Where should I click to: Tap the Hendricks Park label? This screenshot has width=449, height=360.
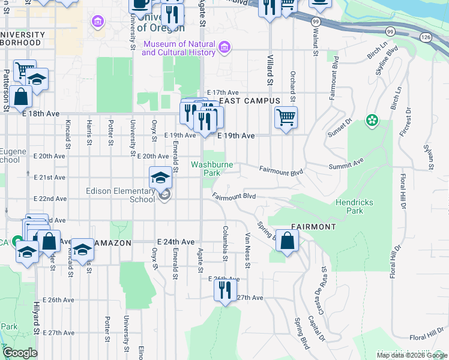click(354, 206)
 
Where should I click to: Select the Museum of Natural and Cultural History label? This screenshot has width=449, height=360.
click(178, 49)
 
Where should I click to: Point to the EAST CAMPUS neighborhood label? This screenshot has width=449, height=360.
click(250, 101)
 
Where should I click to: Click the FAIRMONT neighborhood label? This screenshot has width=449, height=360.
click(313, 227)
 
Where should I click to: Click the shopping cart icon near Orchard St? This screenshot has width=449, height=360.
click(286, 116)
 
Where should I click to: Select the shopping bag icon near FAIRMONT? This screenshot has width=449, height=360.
click(288, 241)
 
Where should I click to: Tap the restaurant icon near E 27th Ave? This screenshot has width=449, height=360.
click(225, 290)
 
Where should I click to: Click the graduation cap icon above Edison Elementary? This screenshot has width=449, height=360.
click(160, 177)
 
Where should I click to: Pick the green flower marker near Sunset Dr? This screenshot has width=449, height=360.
click(372, 121)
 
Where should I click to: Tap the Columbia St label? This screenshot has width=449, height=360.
click(225, 244)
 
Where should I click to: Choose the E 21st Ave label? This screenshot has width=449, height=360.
click(50, 178)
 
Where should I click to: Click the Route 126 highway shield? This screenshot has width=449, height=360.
click(426, 37)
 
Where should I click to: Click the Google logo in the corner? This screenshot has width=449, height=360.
click(20, 353)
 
